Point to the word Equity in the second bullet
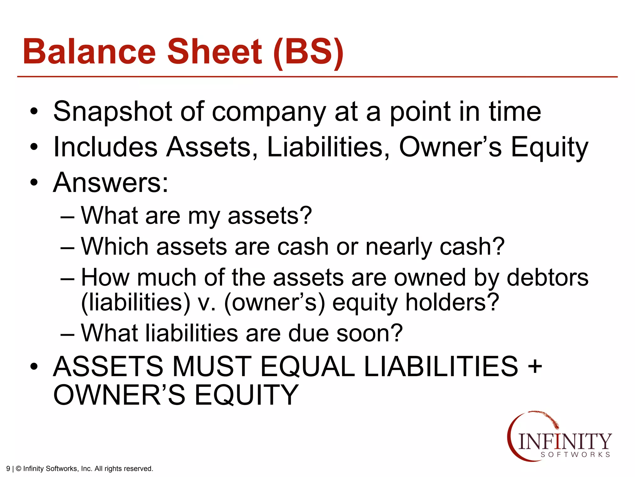549,148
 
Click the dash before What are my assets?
67,216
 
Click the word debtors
547,277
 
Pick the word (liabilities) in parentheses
135,302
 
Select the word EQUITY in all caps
246,395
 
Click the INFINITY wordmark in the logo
564,441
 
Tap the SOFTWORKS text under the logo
575,455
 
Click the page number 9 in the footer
8,469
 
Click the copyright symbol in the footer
18,469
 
